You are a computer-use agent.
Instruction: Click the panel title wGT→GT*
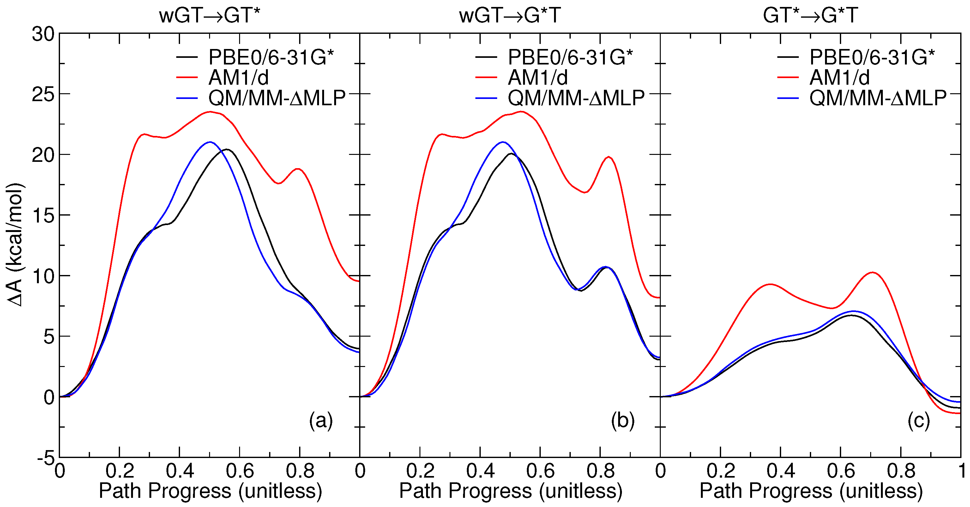click(209, 16)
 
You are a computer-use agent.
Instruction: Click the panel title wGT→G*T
click(510, 16)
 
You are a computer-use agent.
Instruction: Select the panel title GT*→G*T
click(810, 16)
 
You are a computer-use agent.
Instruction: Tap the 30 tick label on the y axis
click(43, 35)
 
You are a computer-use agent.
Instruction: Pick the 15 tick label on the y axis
click(43, 216)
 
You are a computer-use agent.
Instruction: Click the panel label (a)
click(321, 420)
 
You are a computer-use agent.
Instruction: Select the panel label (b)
click(623, 420)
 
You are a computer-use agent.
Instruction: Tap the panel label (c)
click(919, 420)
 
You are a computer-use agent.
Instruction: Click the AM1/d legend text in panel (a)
click(239, 78)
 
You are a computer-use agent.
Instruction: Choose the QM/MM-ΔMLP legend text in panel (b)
click(576, 98)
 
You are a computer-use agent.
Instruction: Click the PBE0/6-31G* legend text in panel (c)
click(872, 57)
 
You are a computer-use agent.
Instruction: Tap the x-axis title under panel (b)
click(511, 491)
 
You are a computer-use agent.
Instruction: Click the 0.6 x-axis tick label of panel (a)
click(239, 471)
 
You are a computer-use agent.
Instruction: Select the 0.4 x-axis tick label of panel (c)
click(780, 471)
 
